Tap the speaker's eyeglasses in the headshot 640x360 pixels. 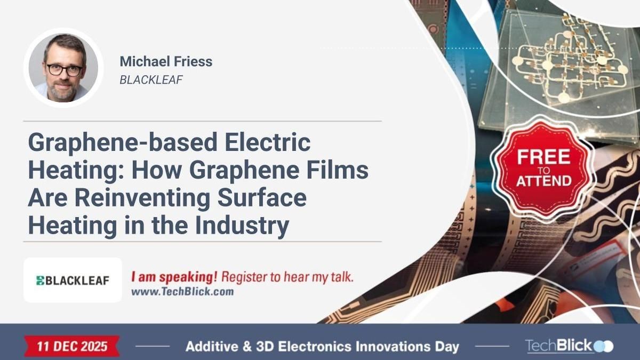[64, 70]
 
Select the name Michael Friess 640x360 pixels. [166, 61]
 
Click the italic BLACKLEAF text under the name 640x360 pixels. [151, 80]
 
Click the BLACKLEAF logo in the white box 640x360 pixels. [73, 280]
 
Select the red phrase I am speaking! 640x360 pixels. [174, 277]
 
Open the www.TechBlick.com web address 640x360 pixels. [182, 292]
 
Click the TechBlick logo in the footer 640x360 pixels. [569, 346]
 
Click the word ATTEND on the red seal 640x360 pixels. [543, 180]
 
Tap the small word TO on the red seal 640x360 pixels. [543, 169]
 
